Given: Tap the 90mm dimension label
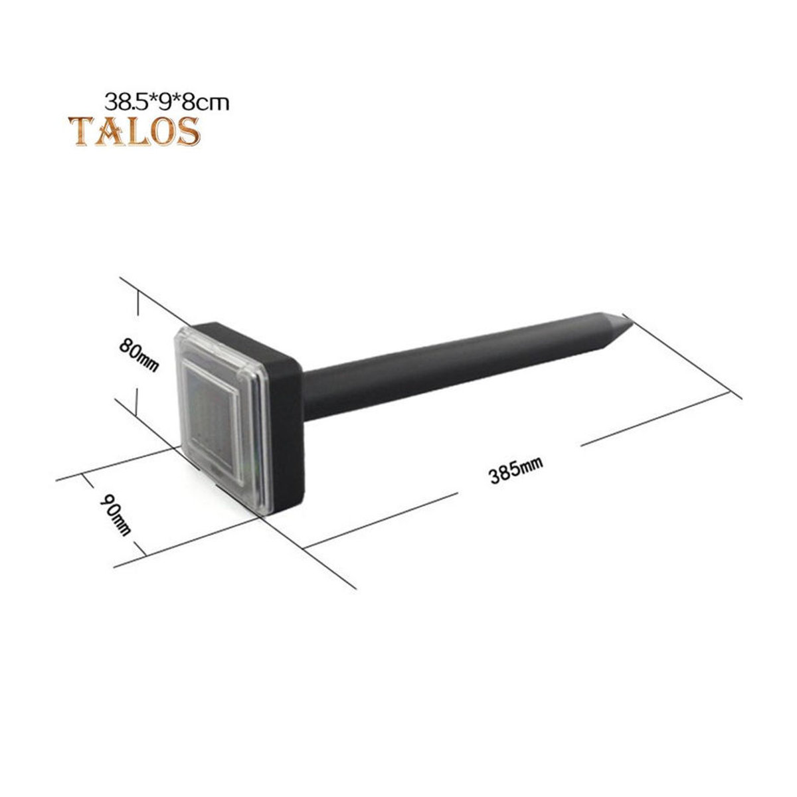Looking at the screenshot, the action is (116, 515).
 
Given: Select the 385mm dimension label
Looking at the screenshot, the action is (515, 470).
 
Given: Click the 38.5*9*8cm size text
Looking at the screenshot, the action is (167, 102).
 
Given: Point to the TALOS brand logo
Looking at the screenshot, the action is (134, 131).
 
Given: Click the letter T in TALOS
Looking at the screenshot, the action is (80, 132).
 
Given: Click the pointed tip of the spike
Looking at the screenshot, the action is (632, 323).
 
